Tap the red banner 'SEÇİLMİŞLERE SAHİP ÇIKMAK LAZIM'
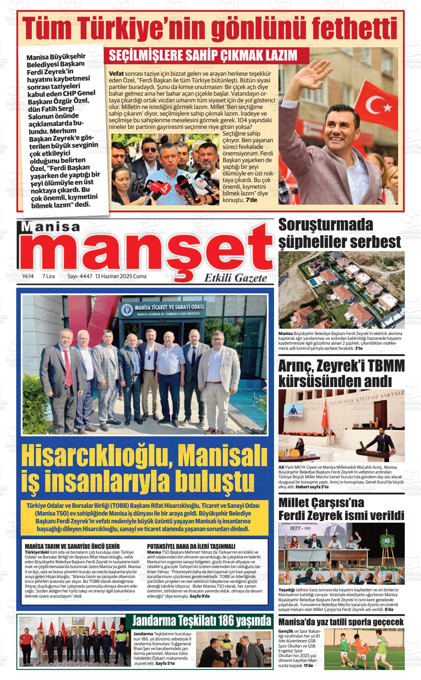203,55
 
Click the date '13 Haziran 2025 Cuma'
121,276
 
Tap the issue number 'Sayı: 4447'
80,276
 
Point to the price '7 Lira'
49,276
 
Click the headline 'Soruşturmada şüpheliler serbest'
339,233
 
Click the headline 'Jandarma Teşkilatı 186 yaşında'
202,621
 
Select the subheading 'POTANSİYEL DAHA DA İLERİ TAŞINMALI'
191,546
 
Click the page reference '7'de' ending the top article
251,200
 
